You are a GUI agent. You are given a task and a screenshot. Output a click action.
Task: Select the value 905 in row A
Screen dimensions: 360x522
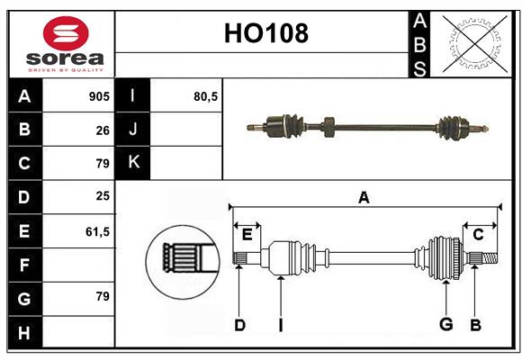[99, 96]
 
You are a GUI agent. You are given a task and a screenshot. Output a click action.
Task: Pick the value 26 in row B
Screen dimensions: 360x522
[103, 130]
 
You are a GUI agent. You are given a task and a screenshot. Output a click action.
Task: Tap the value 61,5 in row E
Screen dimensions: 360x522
[97, 231]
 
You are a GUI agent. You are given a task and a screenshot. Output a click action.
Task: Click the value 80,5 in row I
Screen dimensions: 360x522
[206, 96]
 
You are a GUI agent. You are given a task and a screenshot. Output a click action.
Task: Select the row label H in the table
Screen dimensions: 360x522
[24, 334]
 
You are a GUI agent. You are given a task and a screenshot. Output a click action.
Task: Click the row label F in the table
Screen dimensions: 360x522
[24, 265]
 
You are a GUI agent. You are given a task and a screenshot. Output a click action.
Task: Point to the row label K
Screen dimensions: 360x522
[133, 163]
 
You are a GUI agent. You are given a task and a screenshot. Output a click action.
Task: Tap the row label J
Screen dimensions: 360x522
[133, 130]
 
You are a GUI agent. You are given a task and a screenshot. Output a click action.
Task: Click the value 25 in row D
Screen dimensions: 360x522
[103, 197]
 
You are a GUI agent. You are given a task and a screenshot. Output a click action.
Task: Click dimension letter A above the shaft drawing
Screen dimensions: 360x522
[364, 197]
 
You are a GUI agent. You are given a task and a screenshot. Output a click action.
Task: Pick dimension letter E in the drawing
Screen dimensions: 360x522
[247, 234]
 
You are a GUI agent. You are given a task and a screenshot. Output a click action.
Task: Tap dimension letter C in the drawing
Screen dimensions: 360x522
[478, 234]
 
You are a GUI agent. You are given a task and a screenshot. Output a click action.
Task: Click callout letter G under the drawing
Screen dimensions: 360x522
[445, 325]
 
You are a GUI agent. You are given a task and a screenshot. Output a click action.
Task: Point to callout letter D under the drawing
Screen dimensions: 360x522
[239, 325]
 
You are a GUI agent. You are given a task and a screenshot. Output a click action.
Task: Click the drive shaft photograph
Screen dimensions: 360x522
[369, 126]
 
